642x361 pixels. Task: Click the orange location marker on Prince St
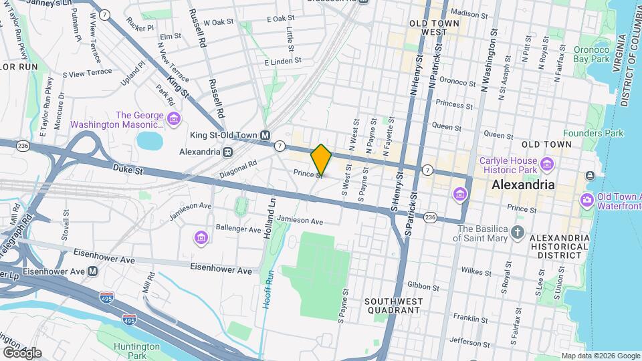[321, 160]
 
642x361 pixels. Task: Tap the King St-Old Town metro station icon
[265, 135]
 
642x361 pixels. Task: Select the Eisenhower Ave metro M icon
[93, 271]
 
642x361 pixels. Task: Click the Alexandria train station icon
[229, 152]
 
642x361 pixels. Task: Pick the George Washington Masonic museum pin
[174, 120]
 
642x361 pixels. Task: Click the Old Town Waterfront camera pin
[586, 200]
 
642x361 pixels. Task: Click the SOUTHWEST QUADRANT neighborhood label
[393, 306]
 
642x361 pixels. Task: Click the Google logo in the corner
[21, 352]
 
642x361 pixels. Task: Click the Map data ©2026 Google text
[600, 356]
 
